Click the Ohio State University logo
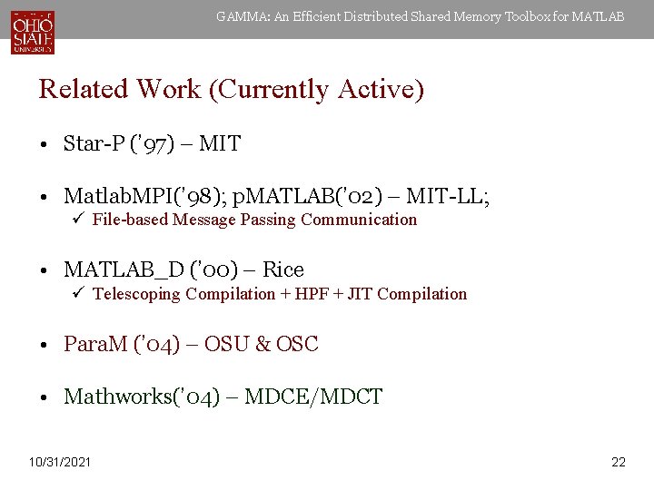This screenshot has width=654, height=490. (x=33, y=31)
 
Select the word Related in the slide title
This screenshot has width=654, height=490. (x=84, y=90)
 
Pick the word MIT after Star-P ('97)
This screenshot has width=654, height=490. (x=220, y=143)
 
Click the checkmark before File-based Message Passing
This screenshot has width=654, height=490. (x=79, y=220)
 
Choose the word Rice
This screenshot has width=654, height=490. (x=282, y=270)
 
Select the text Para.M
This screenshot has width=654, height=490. (x=95, y=345)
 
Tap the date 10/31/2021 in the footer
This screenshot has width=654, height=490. (x=60, y=463)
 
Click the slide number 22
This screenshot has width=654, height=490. (x=619, y=463)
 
